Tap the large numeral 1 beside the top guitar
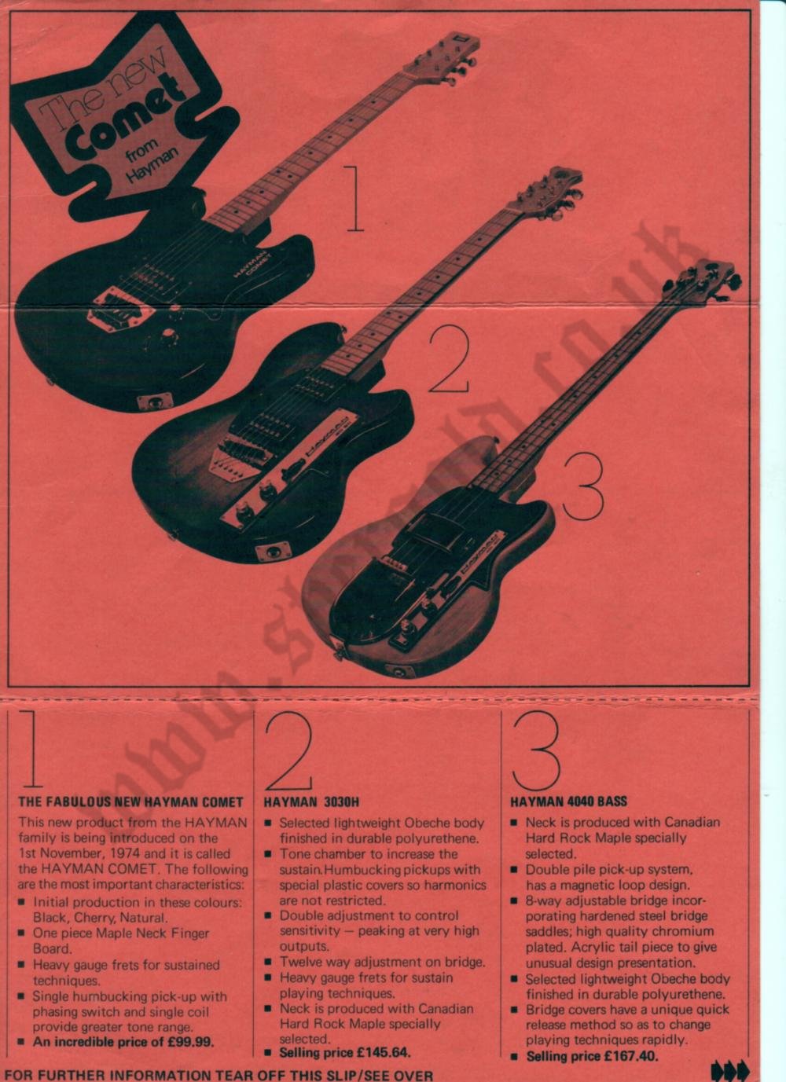pyautogui.click(x=355, y=198)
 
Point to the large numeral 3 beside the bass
pyautogui.click(x=584, y=487)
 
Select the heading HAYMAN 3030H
pyautogui.click(x=311, y=801)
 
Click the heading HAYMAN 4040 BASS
pyautogui.click(x=568, y=801)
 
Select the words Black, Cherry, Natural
pyautogui.click(x=100, y=917)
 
